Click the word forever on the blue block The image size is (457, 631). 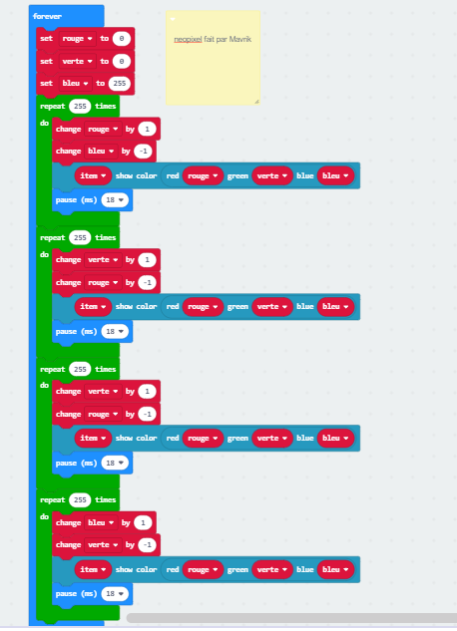(47, 16)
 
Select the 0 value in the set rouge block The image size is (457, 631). (122, 39)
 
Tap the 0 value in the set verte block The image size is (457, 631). (122, 61)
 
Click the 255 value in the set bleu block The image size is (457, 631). (120, 84)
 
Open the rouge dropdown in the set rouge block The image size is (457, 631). (78, 39)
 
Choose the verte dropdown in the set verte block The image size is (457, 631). (78, 61)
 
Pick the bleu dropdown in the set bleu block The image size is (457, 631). (75, 84)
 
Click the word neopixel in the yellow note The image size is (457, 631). (188, 40)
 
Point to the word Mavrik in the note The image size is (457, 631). (240, 39)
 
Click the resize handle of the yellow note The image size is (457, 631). (256, 102)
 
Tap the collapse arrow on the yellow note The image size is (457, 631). (173, 19)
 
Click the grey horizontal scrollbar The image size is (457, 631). (291, 618)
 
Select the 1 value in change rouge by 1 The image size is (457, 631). (147, 130)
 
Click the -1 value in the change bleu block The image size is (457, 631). (143, 152)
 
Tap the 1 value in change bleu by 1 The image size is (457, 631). (143, 522)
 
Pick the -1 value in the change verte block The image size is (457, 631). (148, 545)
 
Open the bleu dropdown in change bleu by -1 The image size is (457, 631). (101, 152)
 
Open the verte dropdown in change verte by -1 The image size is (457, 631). (104, 545)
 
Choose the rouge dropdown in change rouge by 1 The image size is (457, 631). (104, 130)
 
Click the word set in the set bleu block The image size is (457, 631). (46, 84)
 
